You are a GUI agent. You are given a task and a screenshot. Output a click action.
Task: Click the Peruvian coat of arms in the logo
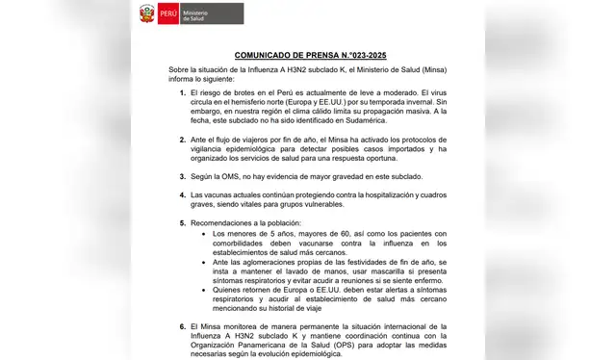click(147, 13)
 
